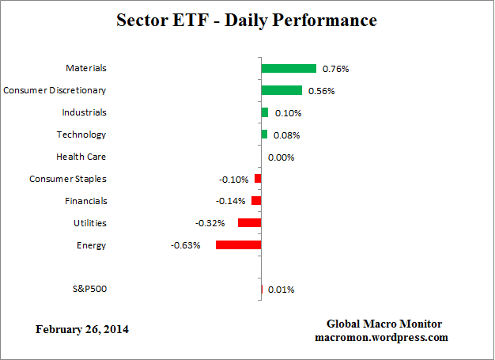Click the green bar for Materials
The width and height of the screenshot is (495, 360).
click(289, 69)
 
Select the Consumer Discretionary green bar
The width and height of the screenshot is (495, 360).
click(282, 90)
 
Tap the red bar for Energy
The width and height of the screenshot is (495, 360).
click(238, 245)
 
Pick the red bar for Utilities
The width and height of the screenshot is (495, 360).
click(249, 223)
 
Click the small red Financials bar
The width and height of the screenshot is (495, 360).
click(256, 201)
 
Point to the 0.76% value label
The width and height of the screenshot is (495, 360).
click(335, 69)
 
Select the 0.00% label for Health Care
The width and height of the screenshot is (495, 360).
click(281, 157)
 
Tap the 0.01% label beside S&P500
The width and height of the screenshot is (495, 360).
click(281, 290)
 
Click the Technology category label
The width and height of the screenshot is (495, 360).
click(81, 135)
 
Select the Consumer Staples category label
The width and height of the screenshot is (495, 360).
click(68, 179)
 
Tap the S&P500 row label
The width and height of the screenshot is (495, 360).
click(89, 289)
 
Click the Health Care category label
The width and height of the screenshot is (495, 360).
click(81, 157)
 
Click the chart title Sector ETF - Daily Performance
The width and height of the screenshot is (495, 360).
click(247, 20)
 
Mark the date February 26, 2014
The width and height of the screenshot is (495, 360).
click(82, 329)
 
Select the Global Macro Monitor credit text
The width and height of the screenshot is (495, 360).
click(384, 324)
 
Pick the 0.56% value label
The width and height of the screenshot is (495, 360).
click(321, 91)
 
